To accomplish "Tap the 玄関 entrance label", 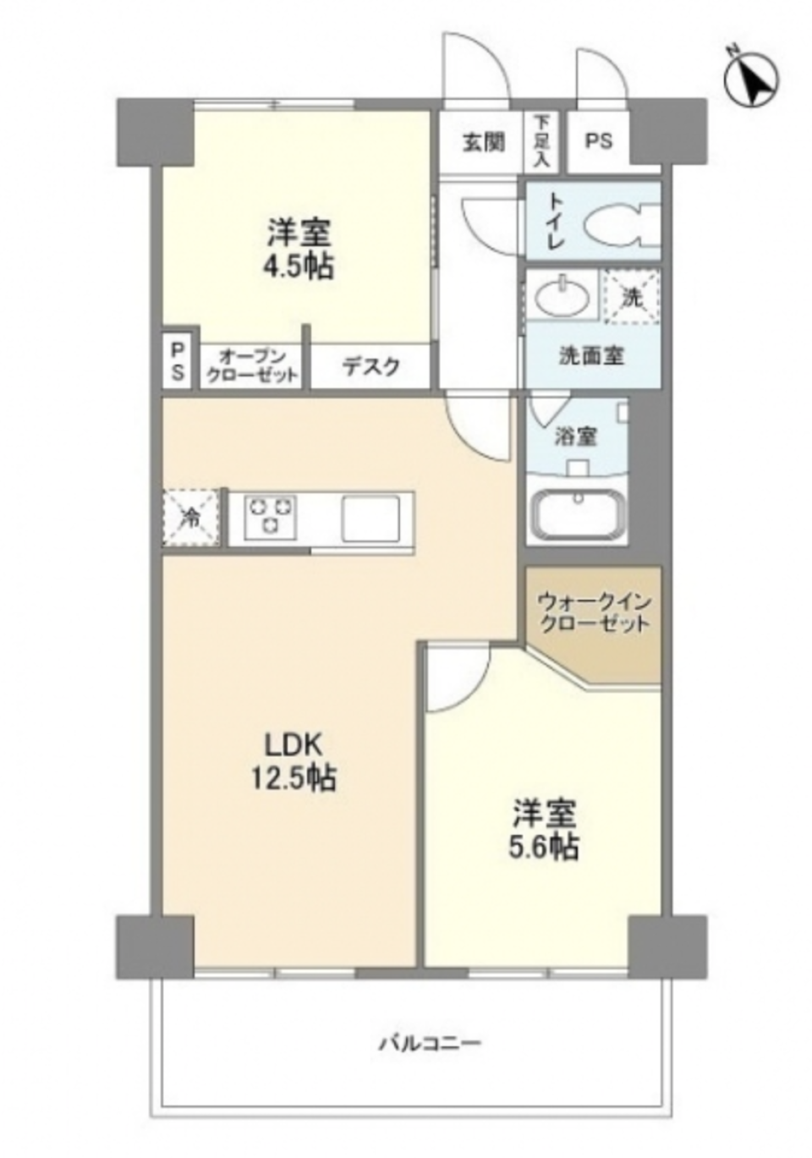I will (x=483, y=141).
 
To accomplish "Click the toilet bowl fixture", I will (x=617, y=222).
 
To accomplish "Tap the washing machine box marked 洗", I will (x=631, y=297).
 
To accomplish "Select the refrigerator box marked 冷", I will (x=192, y=517).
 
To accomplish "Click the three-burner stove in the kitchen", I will (x=271, y=516).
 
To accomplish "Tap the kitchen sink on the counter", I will (x=370, y=518).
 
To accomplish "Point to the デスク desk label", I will (x=370, y=367).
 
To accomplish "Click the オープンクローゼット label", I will (x=253, y=366).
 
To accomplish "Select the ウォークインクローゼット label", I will (x=594, y=613).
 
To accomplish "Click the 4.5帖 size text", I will (x=297, y=267).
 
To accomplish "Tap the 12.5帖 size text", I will (x=293, y=777).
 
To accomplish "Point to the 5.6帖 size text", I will (x=543, y=845).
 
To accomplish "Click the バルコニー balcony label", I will (x=429, y=1043).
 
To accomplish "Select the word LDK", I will (x=293, y=744).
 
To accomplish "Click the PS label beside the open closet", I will (x=178, y=360).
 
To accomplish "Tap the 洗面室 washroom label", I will (x=591, y=356).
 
